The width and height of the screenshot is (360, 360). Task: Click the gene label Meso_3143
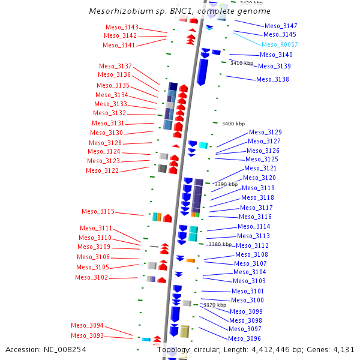point(122,27)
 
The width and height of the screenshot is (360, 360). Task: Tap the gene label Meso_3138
point(272,79)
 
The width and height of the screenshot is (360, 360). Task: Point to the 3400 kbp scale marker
point(233,124)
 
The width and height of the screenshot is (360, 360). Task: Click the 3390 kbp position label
point(227,184)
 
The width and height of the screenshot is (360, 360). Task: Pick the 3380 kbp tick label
point(220,244)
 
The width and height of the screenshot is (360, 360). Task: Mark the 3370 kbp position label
point(214,305)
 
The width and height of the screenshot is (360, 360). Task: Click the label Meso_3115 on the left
point(98,211)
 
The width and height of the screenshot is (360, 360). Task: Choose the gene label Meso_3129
point(265,132)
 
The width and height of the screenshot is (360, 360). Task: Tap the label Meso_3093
point(87,335)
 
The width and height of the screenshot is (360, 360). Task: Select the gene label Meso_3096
point(245,338)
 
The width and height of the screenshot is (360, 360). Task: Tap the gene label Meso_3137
point(116,66)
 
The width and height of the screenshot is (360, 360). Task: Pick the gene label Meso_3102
point(91,277)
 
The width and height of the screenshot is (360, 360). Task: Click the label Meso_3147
point(281,26)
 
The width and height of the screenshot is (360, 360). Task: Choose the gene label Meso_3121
point(260,169)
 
